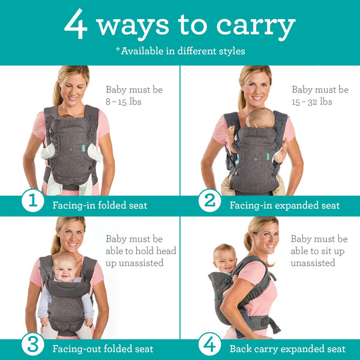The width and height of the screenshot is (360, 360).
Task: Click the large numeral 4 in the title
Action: (77, 25)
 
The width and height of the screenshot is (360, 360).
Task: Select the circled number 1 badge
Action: (32, 201)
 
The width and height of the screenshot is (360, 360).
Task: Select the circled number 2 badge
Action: (209, 201)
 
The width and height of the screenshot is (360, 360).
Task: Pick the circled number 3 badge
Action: (32, 345)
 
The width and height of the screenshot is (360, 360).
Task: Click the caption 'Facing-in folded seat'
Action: (100, 206)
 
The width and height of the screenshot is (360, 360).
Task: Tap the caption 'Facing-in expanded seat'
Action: (284, 206)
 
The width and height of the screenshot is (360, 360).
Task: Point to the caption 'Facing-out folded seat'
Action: (103, 349)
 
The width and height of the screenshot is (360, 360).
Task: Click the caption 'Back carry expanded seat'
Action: (287, 349)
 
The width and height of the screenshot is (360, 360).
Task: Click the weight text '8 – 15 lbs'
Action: (123, 102)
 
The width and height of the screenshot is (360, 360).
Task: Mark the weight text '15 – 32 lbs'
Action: (312, 102)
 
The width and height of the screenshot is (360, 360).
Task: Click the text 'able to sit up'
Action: (319, 251)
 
